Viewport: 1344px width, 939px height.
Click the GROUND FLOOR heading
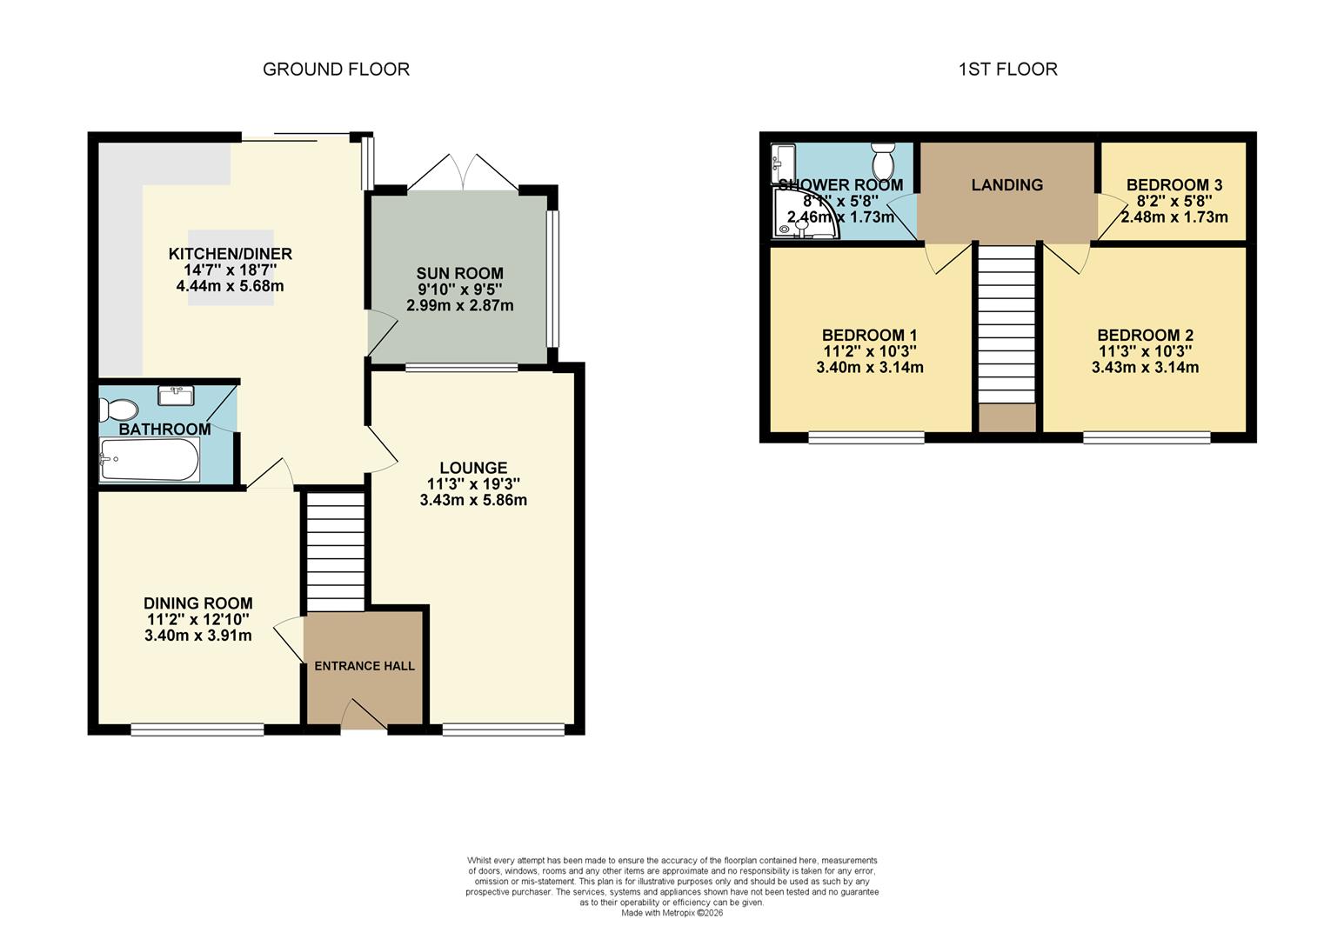point(336,70)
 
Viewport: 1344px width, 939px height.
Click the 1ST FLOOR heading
point(1007,70)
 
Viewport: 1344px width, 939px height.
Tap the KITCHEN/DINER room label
point(230,254)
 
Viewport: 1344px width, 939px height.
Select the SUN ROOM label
point(459,274)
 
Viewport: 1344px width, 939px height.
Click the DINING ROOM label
point(198,603)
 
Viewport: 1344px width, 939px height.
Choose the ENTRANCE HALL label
point(364,666)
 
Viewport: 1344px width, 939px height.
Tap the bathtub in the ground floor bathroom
point(150,459)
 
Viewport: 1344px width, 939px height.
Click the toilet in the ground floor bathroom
point(119,410)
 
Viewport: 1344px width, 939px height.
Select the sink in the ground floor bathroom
point(176,396)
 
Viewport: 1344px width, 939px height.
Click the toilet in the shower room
point(883,161)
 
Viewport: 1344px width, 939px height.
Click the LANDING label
point(1006,184)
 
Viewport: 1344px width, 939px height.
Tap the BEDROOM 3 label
point(1173,184)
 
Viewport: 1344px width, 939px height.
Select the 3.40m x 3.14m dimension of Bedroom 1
point(869,368)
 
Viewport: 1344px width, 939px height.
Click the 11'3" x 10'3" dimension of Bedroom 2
point(1145,351)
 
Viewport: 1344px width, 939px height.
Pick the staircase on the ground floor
point(335,552)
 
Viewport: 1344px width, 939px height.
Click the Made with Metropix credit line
point(672,913)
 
